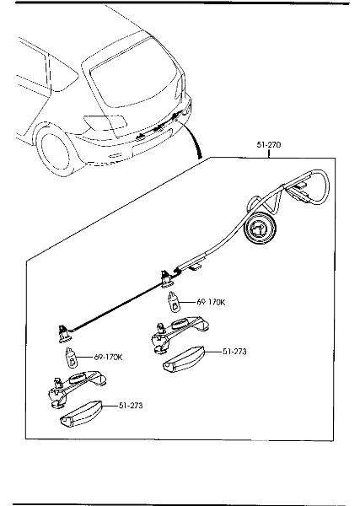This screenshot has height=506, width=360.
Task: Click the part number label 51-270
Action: tap(269, 144)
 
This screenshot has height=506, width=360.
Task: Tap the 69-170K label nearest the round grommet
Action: tap(211, 302)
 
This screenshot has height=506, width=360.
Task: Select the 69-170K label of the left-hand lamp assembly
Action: tap(109, 358)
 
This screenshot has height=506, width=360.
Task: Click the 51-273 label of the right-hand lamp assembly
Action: tap(234, 352)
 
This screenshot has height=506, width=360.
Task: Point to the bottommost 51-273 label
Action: tap(131, 406)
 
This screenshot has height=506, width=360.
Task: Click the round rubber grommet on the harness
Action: tap(261, 229)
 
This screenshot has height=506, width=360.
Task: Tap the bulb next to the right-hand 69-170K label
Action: tap(175, 302)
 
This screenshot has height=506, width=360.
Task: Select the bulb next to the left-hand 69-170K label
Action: tap(72, 358)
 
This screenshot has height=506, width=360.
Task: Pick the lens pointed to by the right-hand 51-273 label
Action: tap(184, 360)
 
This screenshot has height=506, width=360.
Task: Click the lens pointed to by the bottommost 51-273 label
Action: tap(81, 414)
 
